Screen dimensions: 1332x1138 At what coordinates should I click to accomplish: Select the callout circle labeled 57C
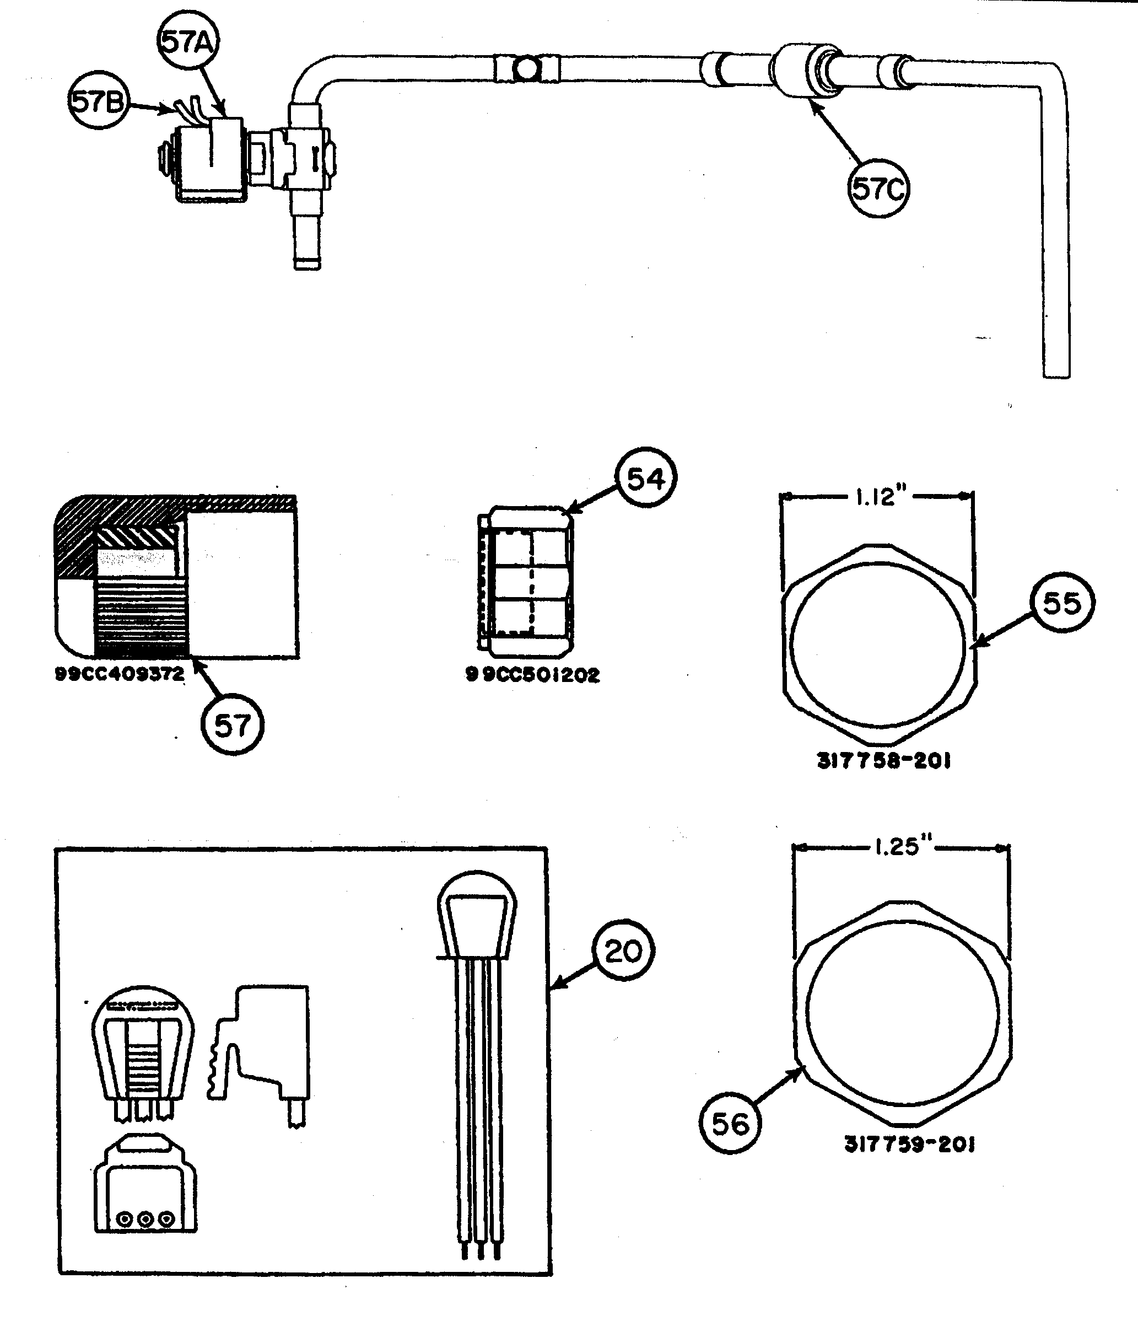coord(878,189)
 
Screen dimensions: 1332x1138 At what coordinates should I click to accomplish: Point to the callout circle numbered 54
coord(645,479)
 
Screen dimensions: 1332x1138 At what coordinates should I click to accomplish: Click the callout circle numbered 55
coord(1061,603)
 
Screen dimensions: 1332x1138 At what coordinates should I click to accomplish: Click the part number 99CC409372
coord(120,674)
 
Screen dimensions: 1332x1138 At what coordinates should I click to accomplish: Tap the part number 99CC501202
coord(533,675)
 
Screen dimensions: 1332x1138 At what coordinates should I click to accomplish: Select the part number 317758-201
coord(883,761)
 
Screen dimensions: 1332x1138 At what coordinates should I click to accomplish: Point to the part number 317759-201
coord(909,1145)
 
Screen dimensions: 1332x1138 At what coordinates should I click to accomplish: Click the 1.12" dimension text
coord(880,496)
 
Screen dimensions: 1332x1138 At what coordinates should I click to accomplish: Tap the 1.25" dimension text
coord(902,847)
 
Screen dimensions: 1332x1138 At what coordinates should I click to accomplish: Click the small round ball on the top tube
coord(526,69)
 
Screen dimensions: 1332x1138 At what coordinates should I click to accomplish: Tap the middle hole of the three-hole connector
coord(146,1218)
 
